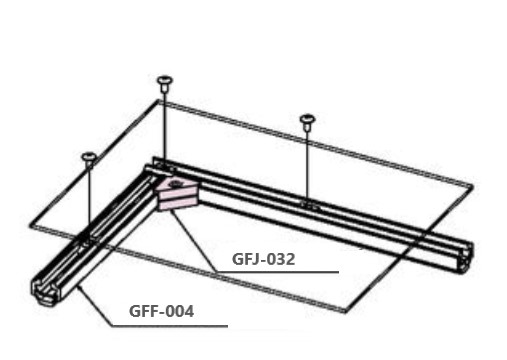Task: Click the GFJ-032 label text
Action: [x=263, y=259]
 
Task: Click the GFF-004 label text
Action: [x=161, y=312]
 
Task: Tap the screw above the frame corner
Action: [x=164, y=84]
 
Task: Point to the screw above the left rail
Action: [x=89, y=160]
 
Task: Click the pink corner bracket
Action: [x=177, y=195]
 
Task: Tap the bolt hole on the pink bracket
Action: [x=175, y=183]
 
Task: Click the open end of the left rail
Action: [x=46, y=291]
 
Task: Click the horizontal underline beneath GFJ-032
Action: [x=277, y=272]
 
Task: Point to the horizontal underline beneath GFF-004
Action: [x=169, y=326]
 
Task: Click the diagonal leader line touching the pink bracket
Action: [x=193, y=241]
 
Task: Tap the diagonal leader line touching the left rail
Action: [x=94, y=306]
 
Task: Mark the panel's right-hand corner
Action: [x=473, y=186]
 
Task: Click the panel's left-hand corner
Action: [x=30, y=227]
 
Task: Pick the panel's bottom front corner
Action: [x=344, y=312]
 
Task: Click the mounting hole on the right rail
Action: [x=308, y=204]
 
